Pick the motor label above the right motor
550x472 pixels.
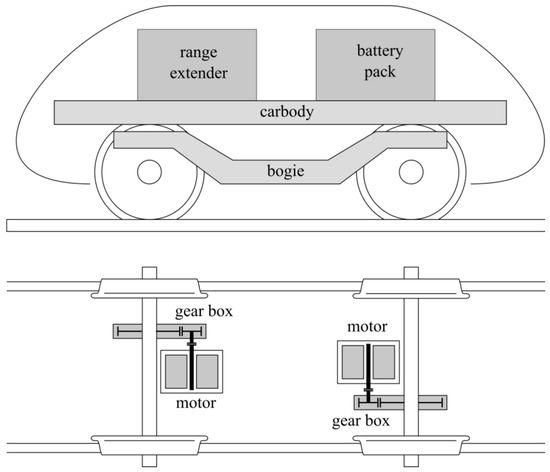click(x=367, y=327)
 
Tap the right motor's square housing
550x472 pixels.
click(x=369, y=362)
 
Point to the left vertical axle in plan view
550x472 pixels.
click(x=149, y=380)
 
